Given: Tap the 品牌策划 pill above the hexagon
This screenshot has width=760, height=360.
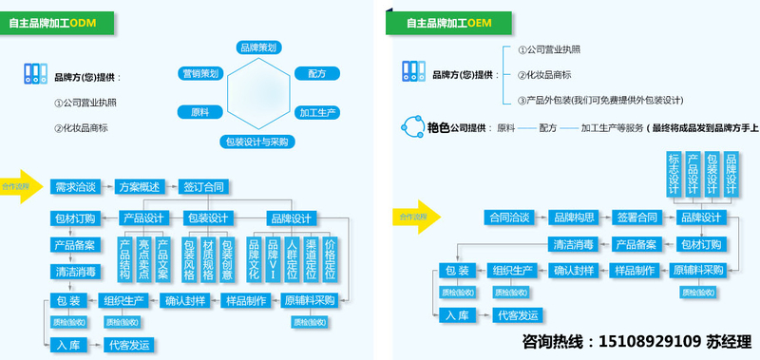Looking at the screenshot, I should [x=258, y=47].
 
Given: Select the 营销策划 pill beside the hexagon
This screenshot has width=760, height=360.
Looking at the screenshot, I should [x=200, y=72].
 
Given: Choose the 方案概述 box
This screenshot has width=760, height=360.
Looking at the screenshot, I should [x=141, y=186].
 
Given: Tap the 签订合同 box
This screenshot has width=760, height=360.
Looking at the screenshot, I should [x=203, y=186].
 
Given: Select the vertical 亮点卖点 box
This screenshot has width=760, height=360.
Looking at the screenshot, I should [x=143, y=259].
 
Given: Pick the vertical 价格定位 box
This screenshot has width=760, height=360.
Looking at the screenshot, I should [x=331, y=259].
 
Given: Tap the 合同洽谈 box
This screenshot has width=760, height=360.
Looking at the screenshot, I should [x=509, y=217].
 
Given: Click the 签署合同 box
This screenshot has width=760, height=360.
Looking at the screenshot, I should [x=637, y=217].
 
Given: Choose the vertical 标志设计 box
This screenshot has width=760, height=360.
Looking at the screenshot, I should [x=674, y=171].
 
